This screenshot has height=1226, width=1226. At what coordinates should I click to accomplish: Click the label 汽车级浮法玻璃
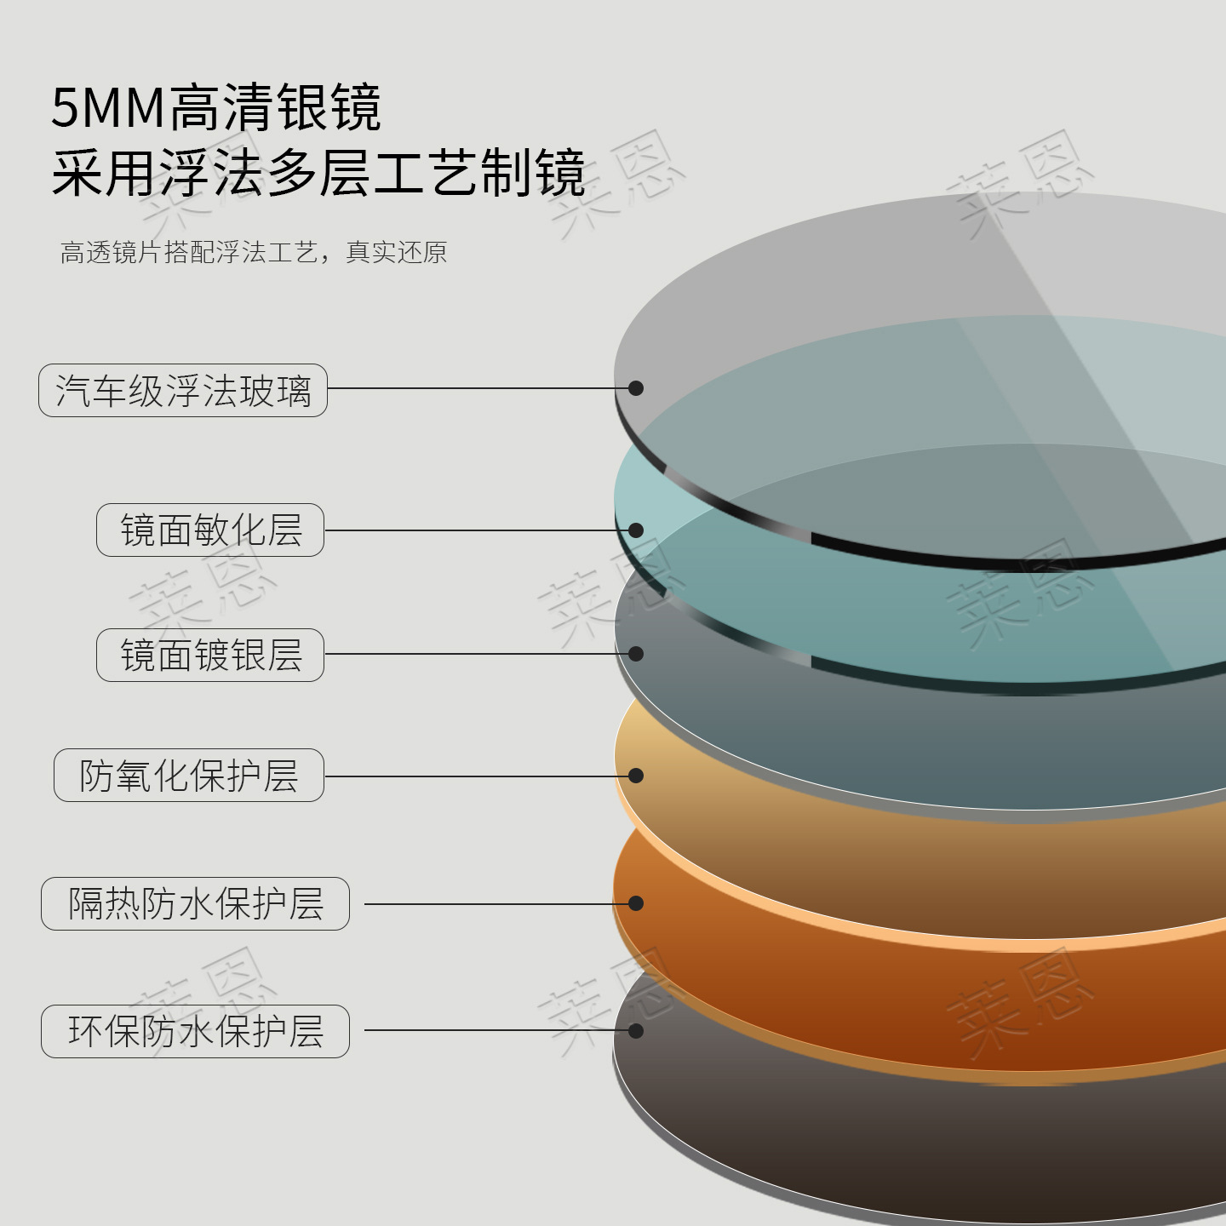coord(183,391)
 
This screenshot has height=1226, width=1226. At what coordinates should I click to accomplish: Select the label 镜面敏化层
coord(210,530)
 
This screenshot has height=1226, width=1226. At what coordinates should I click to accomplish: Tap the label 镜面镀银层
coord(210,656)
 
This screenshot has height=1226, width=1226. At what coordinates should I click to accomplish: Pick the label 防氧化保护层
coord(189,775)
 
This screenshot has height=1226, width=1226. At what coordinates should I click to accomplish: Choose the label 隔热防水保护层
coord(195,903)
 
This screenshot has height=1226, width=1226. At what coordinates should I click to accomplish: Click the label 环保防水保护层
coord(195,1031)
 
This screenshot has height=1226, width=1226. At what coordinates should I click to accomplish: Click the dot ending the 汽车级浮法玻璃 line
coord(636,388)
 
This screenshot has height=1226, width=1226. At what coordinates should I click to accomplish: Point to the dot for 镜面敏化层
coord(636,530)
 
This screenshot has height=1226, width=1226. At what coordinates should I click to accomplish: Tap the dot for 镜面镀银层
coord(636,653)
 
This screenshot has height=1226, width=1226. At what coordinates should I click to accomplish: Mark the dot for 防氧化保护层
coord(636,776)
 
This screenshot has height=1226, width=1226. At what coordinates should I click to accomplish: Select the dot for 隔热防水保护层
coord(636,903)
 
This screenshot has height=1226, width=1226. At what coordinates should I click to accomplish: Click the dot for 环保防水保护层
coord(636,1031)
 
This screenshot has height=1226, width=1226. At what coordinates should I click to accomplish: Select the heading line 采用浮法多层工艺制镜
coord(318,173)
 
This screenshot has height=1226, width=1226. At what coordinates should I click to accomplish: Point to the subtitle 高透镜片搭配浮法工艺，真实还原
coord(253,253)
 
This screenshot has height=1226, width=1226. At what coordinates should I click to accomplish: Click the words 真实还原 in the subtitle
coord(397,253)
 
